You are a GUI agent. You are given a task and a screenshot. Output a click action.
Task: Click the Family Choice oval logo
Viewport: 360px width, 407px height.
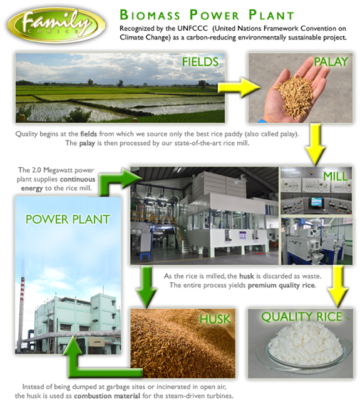[56, 25]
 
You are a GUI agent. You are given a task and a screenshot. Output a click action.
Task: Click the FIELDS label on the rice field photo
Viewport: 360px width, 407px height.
[200, 62]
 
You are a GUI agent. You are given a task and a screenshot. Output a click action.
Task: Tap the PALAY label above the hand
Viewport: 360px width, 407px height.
[331, 62]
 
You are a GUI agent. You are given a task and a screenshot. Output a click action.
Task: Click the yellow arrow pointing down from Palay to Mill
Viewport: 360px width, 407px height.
[315, 145]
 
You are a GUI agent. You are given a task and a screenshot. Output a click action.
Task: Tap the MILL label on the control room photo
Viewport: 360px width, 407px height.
[336, 177]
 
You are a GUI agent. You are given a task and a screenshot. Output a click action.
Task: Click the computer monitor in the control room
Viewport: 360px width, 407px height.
[316, 202]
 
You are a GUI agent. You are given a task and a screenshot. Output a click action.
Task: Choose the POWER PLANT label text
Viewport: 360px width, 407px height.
[68, 219]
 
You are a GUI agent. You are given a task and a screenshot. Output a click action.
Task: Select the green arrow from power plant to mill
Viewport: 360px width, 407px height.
[114, 182]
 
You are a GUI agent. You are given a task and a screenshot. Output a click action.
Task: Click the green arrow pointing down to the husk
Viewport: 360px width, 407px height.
[147, 287]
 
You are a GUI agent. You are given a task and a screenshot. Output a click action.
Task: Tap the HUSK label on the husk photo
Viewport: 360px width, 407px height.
[215, 319]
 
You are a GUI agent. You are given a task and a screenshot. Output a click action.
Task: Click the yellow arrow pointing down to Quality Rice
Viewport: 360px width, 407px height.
[338, 286]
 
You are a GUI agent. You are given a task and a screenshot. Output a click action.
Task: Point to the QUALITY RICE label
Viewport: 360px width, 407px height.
[302, 317]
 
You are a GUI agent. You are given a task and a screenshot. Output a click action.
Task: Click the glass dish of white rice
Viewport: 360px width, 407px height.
[304, 345]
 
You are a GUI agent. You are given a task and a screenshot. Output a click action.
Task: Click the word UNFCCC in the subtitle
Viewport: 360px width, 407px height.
[193, 28]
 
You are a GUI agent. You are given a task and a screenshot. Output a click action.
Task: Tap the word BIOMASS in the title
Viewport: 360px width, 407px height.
[150, 15]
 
